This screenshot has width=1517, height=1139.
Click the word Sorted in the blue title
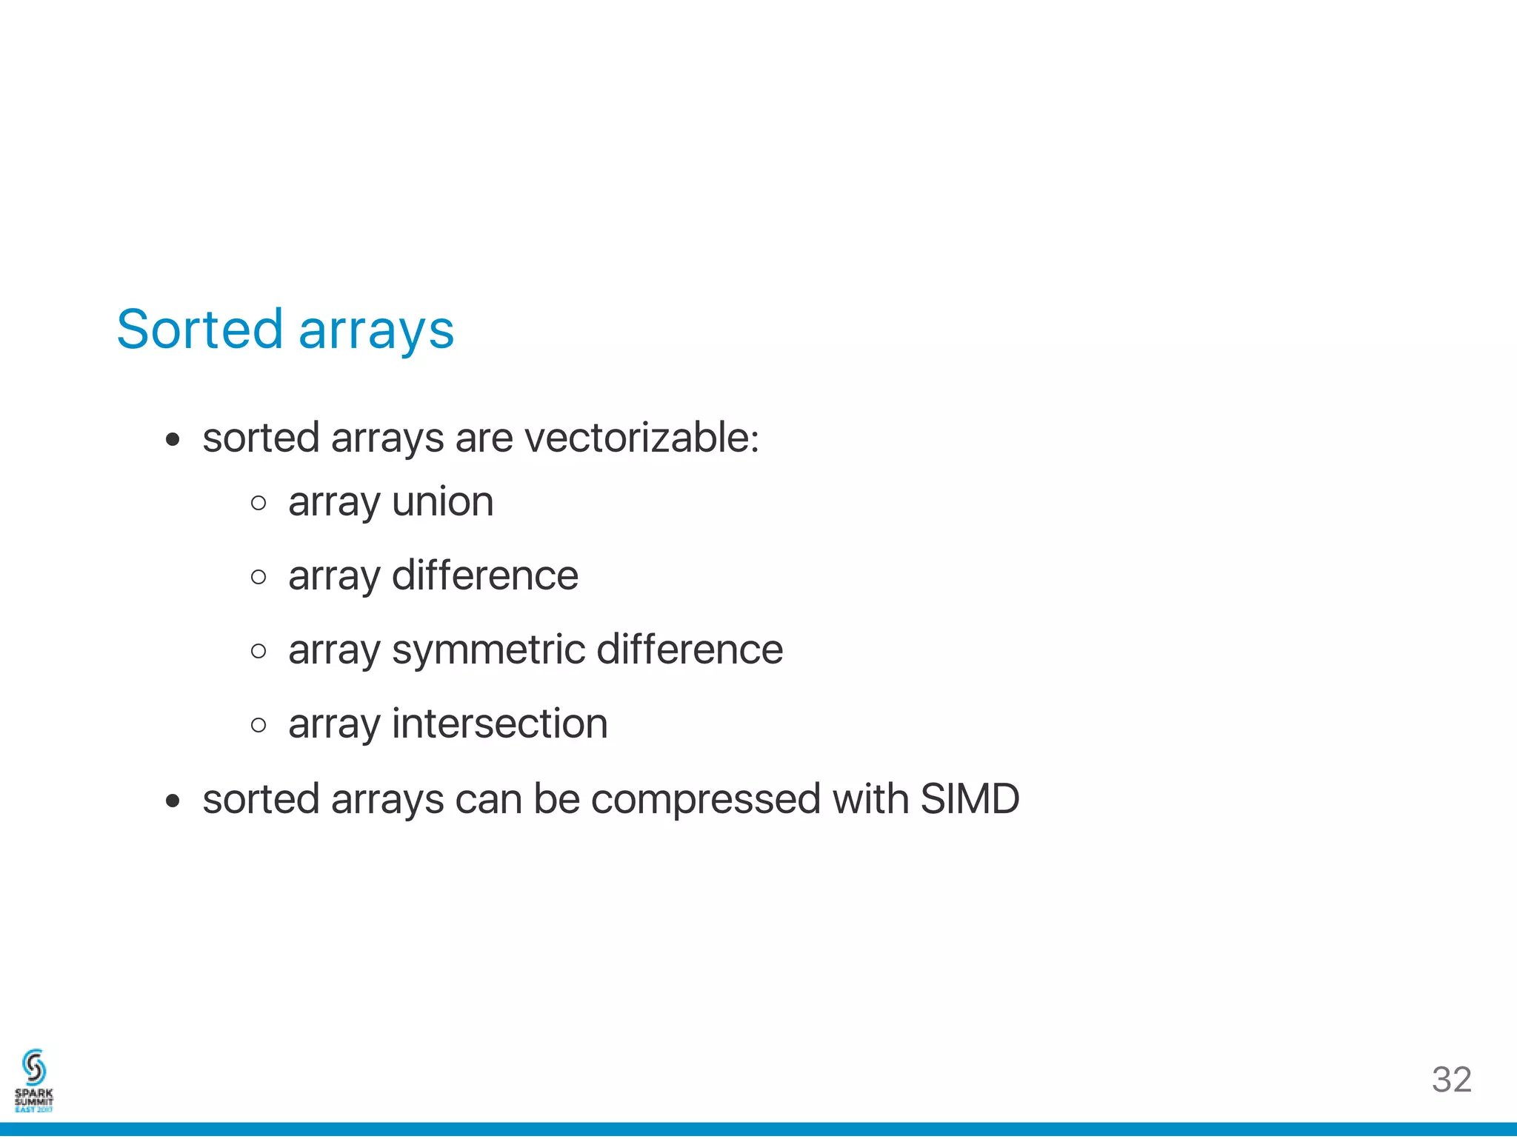(200, 329)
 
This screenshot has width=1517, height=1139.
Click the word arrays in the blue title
(376, 330)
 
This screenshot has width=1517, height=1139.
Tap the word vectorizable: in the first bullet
(641, 437)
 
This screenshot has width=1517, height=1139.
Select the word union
(442, 501)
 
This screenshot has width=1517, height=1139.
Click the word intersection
(499, 724)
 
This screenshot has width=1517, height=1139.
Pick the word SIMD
(970, 798)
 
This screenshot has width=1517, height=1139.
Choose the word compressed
(706, 800)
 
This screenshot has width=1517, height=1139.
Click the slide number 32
(1451, 1080)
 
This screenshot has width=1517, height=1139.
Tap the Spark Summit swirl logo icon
(34, 1067)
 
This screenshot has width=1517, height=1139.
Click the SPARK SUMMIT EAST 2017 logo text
(34, 1100)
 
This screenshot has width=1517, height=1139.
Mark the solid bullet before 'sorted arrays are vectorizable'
(173, 440)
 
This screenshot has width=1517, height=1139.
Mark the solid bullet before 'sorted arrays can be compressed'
(173, 801)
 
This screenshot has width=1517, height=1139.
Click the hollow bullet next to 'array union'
(259, 504)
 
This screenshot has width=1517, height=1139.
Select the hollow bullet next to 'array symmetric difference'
(259, 651)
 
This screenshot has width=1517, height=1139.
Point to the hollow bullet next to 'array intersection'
(259, 724)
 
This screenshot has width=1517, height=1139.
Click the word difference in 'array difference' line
(484, 575)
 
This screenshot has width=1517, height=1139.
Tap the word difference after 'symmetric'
(689, 649)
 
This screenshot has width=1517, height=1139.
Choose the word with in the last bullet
(870, 798)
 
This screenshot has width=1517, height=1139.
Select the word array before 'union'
(333, 503)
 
